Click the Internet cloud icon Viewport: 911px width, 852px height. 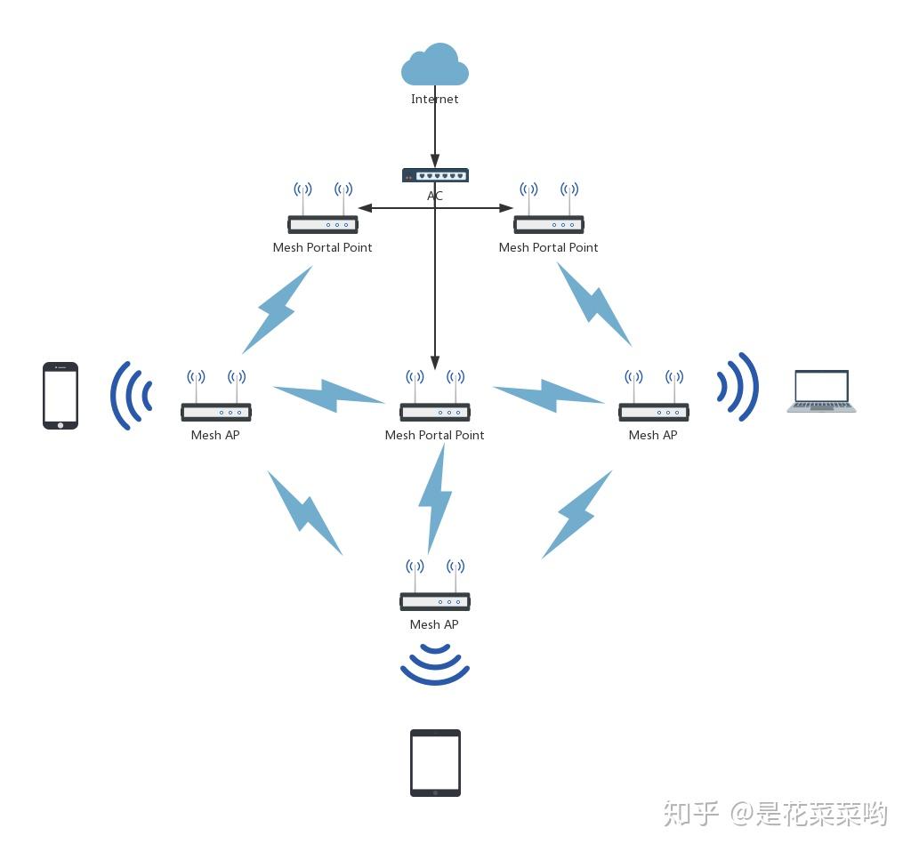pos(434,67)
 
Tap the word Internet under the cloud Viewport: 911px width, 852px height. pos(434,100)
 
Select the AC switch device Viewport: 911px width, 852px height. pos(434,175)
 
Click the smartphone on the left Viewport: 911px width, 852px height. pos(60,396)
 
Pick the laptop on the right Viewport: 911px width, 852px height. pos(821,392)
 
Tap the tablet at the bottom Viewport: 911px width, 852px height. pos(435,763)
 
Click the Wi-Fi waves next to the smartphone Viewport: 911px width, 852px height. pos(132,396)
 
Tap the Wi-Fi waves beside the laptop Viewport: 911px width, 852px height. pos(738,388)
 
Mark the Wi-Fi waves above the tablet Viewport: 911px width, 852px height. pos(434,666)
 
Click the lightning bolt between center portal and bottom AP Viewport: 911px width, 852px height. pos(435,498)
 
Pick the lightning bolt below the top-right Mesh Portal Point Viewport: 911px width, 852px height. pos(593,304)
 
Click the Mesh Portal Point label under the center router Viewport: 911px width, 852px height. pos(434,436)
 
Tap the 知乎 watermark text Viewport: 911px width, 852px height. pos(690,813)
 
